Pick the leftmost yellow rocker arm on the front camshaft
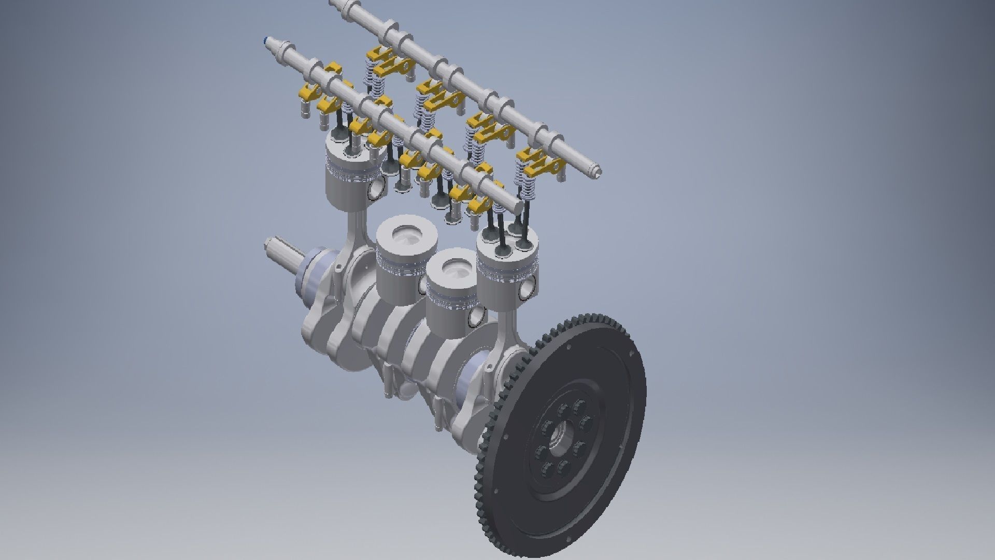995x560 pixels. click(306, 93)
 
